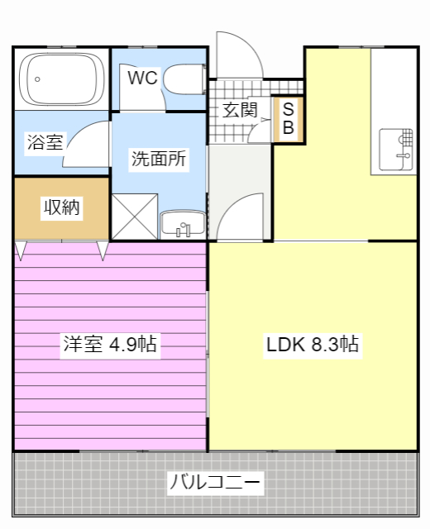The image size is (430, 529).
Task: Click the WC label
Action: (x=142, y=78)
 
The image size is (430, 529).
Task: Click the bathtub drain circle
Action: (x=37, y=79)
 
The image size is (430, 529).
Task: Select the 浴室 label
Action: (x=45, y=141)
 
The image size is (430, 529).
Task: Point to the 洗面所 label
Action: (x=159, y=159)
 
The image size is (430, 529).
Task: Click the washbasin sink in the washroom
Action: (x=183, y=223)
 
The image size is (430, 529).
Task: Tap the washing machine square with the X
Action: (x=135, y=217)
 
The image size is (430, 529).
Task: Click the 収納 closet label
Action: (x=61, y=207)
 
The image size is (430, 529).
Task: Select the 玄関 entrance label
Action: (x=240, y=110)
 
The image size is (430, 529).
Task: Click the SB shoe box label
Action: (x=289, y=118)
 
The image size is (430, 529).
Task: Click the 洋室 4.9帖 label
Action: (x=110, y=344)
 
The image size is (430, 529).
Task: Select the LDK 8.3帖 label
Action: (x=313, y=344)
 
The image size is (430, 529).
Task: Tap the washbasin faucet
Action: (x=184, y=230)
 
